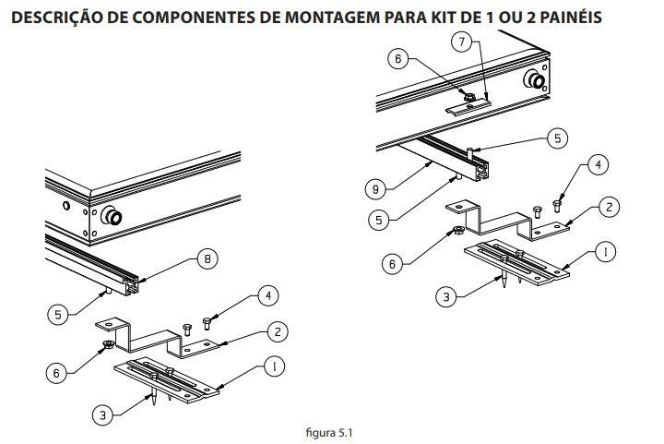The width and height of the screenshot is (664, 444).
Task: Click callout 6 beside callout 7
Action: tap(398, 58)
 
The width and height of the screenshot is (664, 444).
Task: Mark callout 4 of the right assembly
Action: tap(597, 166)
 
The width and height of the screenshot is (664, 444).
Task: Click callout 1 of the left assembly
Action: tap(272, 366)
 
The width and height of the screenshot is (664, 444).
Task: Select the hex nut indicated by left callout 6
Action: tap(108, 345)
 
